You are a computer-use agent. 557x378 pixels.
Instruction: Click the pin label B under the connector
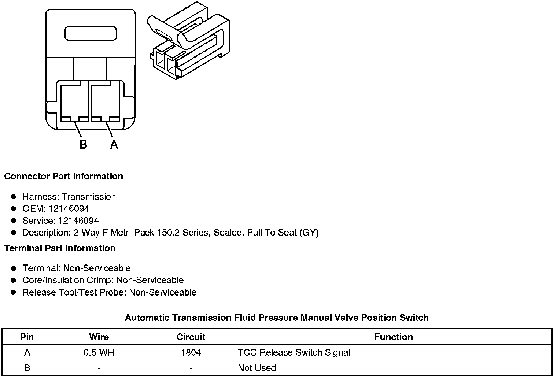[x=83, y=145]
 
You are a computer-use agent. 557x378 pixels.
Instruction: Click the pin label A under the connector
[x=114, y=145]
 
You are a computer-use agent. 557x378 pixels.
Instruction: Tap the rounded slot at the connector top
[x=91, y=33]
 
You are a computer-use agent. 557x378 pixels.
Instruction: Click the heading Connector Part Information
[x=63, y=176]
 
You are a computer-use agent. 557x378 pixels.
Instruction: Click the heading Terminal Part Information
[x=60, y=248]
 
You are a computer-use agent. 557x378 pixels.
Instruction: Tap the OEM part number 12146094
[x=69, y=208]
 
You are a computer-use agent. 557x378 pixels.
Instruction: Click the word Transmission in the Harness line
[x=89, y=196]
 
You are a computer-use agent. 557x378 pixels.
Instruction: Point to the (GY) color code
[x=309, y=233]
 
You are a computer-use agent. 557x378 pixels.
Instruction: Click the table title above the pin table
[x=277, y=318]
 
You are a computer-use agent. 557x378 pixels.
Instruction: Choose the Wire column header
[x=99, y=337]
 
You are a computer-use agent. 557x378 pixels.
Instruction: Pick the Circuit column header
[x=191, y=337]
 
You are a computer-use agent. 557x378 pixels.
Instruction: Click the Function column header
[x=394, y=337]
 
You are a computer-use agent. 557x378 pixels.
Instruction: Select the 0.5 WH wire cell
[x=99, y=352]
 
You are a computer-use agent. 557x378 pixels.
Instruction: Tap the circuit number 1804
[x=191, y=352]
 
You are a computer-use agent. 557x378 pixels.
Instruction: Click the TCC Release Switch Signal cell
[x=294, y=352]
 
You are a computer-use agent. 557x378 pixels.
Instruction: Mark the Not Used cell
[x=257, y=368]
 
